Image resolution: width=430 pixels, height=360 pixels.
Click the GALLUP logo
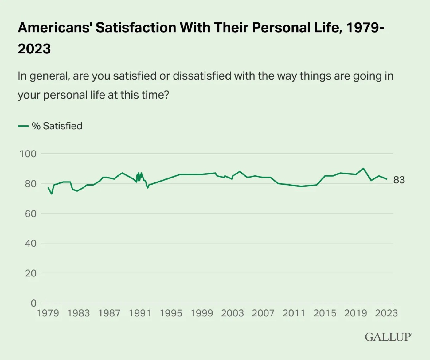click(x=388, y=337)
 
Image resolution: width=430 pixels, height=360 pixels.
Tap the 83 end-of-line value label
click(x=399, y=180)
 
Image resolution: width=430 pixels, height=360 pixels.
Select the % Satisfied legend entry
click(x=50, y=126)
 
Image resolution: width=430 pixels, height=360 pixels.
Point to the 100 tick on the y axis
click(x=28, y=154)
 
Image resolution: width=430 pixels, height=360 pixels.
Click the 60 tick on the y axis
click(x=31, y=213)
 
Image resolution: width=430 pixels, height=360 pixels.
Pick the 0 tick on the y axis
click(x=33, y=303)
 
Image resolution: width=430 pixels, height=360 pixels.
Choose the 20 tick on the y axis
click(x=31, y=273)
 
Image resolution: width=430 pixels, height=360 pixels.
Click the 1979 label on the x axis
click(x=48, y=313)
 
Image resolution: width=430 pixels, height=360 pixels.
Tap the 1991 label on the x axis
click(x=140, y=313)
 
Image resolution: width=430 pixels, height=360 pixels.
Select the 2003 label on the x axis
click(x=232, y=313)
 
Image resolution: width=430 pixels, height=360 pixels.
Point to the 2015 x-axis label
click(x=325, y=313)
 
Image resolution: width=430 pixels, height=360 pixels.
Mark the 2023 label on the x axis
click(x=386, y=313)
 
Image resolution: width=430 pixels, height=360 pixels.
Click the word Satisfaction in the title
click(x=137, y=28)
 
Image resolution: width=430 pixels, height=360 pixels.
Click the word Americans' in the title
click(x=55, y=28)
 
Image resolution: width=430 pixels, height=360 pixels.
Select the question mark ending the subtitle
click(x=166, y=95)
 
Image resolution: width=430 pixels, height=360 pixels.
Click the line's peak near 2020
click(x=364, y=168)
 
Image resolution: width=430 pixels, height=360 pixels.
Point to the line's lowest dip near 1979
click(x=52, y=194)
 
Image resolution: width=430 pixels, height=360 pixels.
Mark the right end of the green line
click(x=387, y=179)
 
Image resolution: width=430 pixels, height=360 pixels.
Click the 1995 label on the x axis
click(x=171, y=313)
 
